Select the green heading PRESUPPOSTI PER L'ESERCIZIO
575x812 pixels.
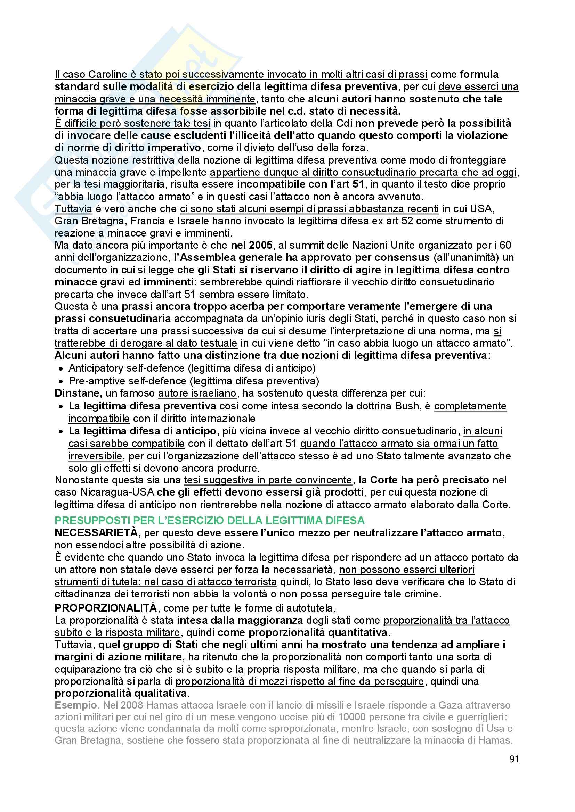209,520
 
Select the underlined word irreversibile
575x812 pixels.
95,456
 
